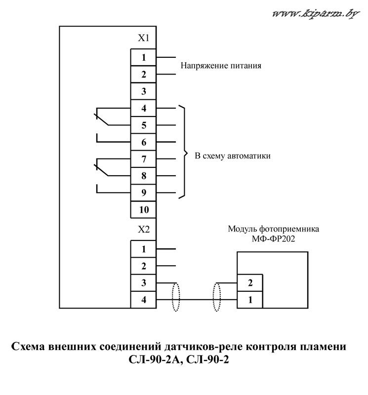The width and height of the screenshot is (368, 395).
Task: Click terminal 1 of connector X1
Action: pyautogui.click(x=143, y=57)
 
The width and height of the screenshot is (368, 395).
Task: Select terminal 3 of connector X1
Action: pyautogui.click(x=143, y=91)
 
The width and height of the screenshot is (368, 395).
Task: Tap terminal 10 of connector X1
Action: pyautogui.click(x=143, y=209)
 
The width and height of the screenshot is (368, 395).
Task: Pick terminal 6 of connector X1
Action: pyautogui.click(x=143, y=142)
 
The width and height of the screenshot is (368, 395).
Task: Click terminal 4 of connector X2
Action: pyautogui.click(x=143, y=300)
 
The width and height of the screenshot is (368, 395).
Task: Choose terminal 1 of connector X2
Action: pyautogui.click(x=143, y=249)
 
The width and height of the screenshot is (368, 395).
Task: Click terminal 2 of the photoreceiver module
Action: pyautogui.click(x=250, y=283)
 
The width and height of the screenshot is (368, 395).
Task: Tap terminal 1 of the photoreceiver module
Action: pyautogui.click(x=250, y=300)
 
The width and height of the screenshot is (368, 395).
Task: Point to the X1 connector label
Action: pyautogui.click(x=143, y=38)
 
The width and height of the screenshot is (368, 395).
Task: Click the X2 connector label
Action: pyautogui.click(x=143, y=230)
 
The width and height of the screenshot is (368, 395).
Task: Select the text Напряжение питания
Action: pyautogui.click(x=221, y=66)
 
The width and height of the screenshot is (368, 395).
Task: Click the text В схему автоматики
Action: pyautogui.click(x=232, y=156)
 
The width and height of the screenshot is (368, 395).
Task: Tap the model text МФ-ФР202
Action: pyautogui.click(x=273, y=238)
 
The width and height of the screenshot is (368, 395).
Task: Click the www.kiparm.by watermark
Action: pyautogui.click(x=316, y=13)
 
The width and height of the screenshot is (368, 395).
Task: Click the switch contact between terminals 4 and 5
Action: pyautogui.click(x=102, y=119)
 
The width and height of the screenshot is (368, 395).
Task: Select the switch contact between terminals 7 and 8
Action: pyautogui.click(x=102, y=170)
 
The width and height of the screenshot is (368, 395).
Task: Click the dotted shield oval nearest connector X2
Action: pyautogui.click(x=176, y=297)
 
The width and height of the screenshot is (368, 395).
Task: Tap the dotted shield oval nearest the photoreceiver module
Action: pyautogui.click(x=217, y=297)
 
